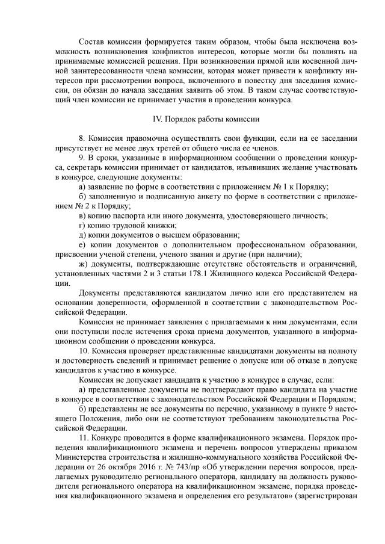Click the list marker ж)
tap(84, 263)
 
